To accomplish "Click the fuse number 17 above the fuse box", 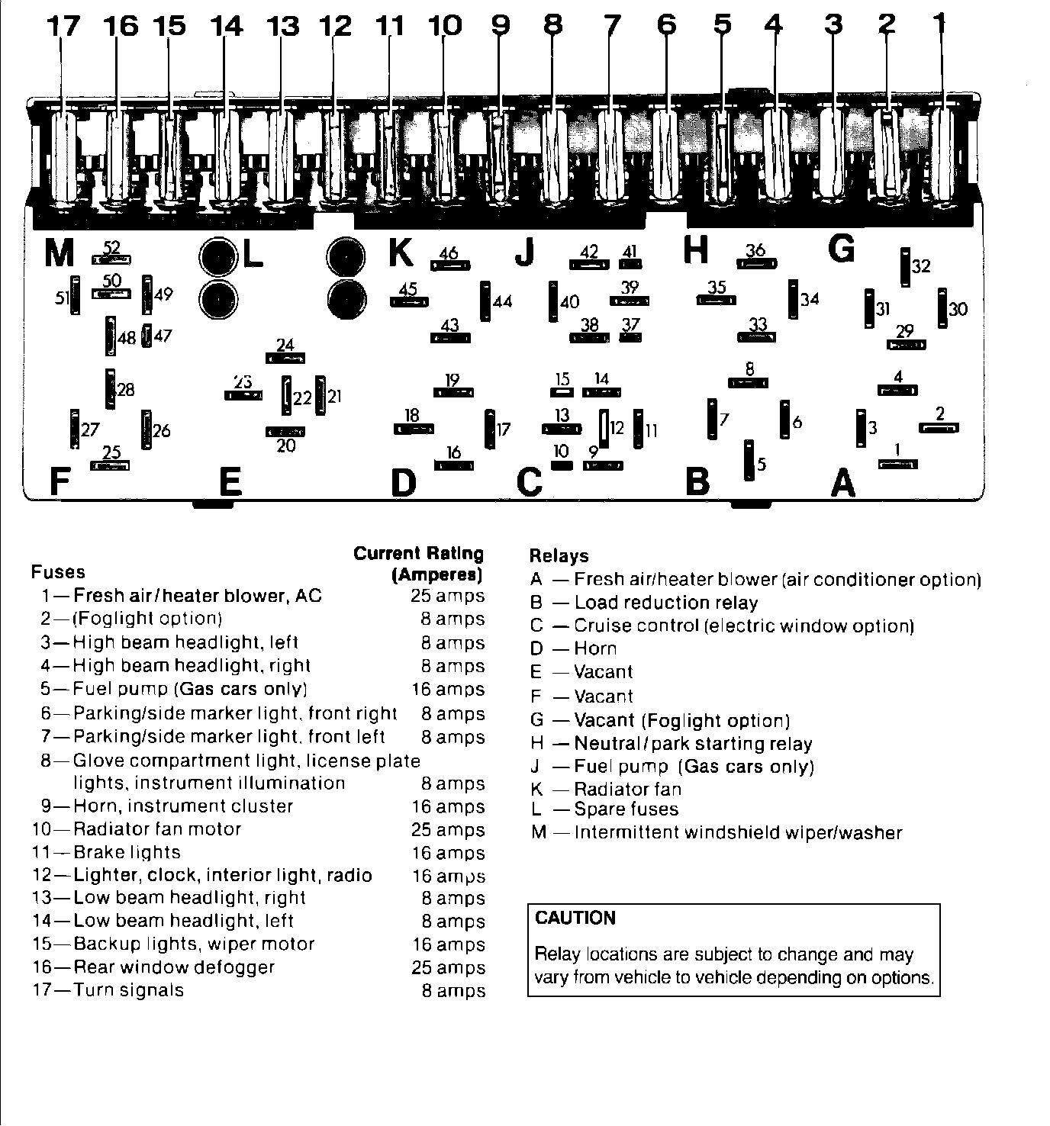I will tap(63, 27).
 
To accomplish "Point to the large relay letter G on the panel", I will tap(841, 249).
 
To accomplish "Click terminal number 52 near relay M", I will tap(111, 248).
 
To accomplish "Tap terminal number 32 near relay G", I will tap(921, 266).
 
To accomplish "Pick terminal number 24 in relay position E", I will tap(285, 346).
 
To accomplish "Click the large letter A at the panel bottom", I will tap(842, 482).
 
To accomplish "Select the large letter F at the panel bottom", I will tap(59, 482).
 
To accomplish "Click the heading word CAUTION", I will tap(575, 918).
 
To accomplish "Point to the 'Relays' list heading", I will tap(559, 556).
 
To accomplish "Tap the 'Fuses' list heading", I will tap(58, 572).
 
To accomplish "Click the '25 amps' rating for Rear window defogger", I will tap(448, 967).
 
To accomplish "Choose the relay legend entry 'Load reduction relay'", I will tap(665, 603).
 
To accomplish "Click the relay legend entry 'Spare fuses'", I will tap(626, 809).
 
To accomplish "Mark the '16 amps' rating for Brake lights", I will tap(448, 853).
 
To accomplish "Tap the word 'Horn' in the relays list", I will tap(595, 648).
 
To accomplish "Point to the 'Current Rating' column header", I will tap(418, 553).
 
